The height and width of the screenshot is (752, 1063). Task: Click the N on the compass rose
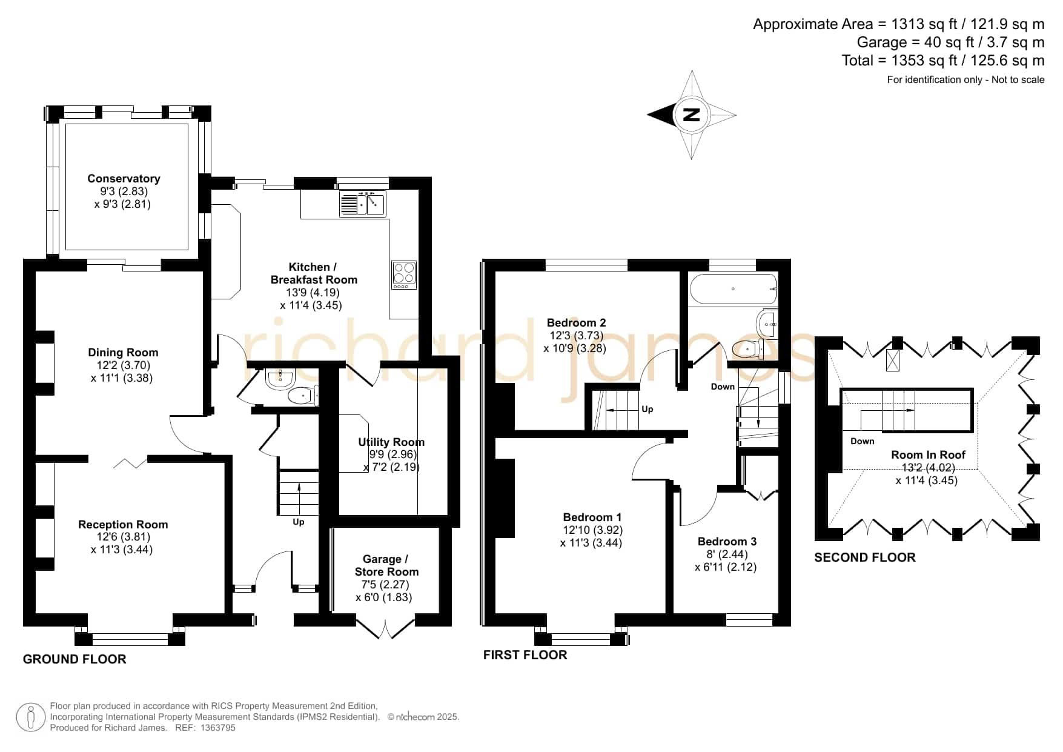pos(691,115)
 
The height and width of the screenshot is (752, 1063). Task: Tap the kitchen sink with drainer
pos(362,203)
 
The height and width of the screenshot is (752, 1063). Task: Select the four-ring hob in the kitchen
pos(404,275)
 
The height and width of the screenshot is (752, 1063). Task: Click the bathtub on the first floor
pos(733,289)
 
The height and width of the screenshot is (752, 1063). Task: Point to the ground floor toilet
pos(302,396)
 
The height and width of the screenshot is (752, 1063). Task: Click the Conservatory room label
pos(124,178)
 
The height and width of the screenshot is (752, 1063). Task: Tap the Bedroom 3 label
pos(727,541)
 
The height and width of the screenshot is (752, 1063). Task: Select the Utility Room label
pos(391,442)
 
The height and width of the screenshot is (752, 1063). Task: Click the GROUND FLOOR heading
pos(75,659)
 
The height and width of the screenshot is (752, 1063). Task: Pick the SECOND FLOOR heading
pos(864,557)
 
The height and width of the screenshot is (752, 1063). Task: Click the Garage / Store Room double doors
pos(385,627)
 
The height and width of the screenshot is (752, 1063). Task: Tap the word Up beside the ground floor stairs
pos(299,522)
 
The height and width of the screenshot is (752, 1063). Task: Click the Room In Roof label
pos(928,454)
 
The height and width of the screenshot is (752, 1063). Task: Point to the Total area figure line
pos(943,61)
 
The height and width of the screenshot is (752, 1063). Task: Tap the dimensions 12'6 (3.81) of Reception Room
pos(123,537)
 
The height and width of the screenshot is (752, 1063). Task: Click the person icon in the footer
pos(30,717)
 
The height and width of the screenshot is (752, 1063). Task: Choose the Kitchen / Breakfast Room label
pos(314,273)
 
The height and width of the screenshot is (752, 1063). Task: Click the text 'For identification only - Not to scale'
pos(965,79)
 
